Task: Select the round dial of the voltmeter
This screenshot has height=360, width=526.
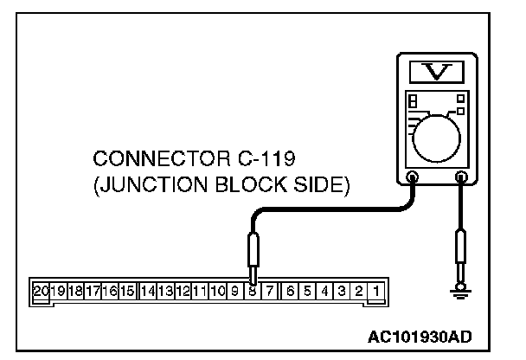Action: click(x=441, y=134)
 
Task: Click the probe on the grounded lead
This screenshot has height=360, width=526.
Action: click(x=461, y=252)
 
